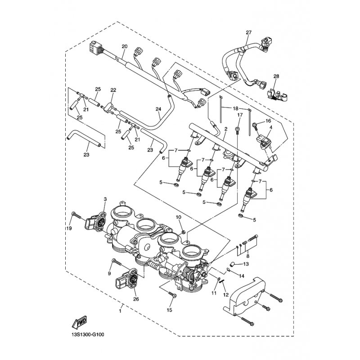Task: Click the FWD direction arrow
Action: (x=79, y=322)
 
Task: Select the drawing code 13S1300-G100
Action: (x=90, y=334)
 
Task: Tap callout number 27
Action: (x=247, y=32)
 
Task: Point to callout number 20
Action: (x=125, y=46)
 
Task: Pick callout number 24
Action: (x=158, y=109)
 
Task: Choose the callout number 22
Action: (x=113, y=90)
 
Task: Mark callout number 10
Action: (x=178, y=217)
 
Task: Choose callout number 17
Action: (x=240, y=116)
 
